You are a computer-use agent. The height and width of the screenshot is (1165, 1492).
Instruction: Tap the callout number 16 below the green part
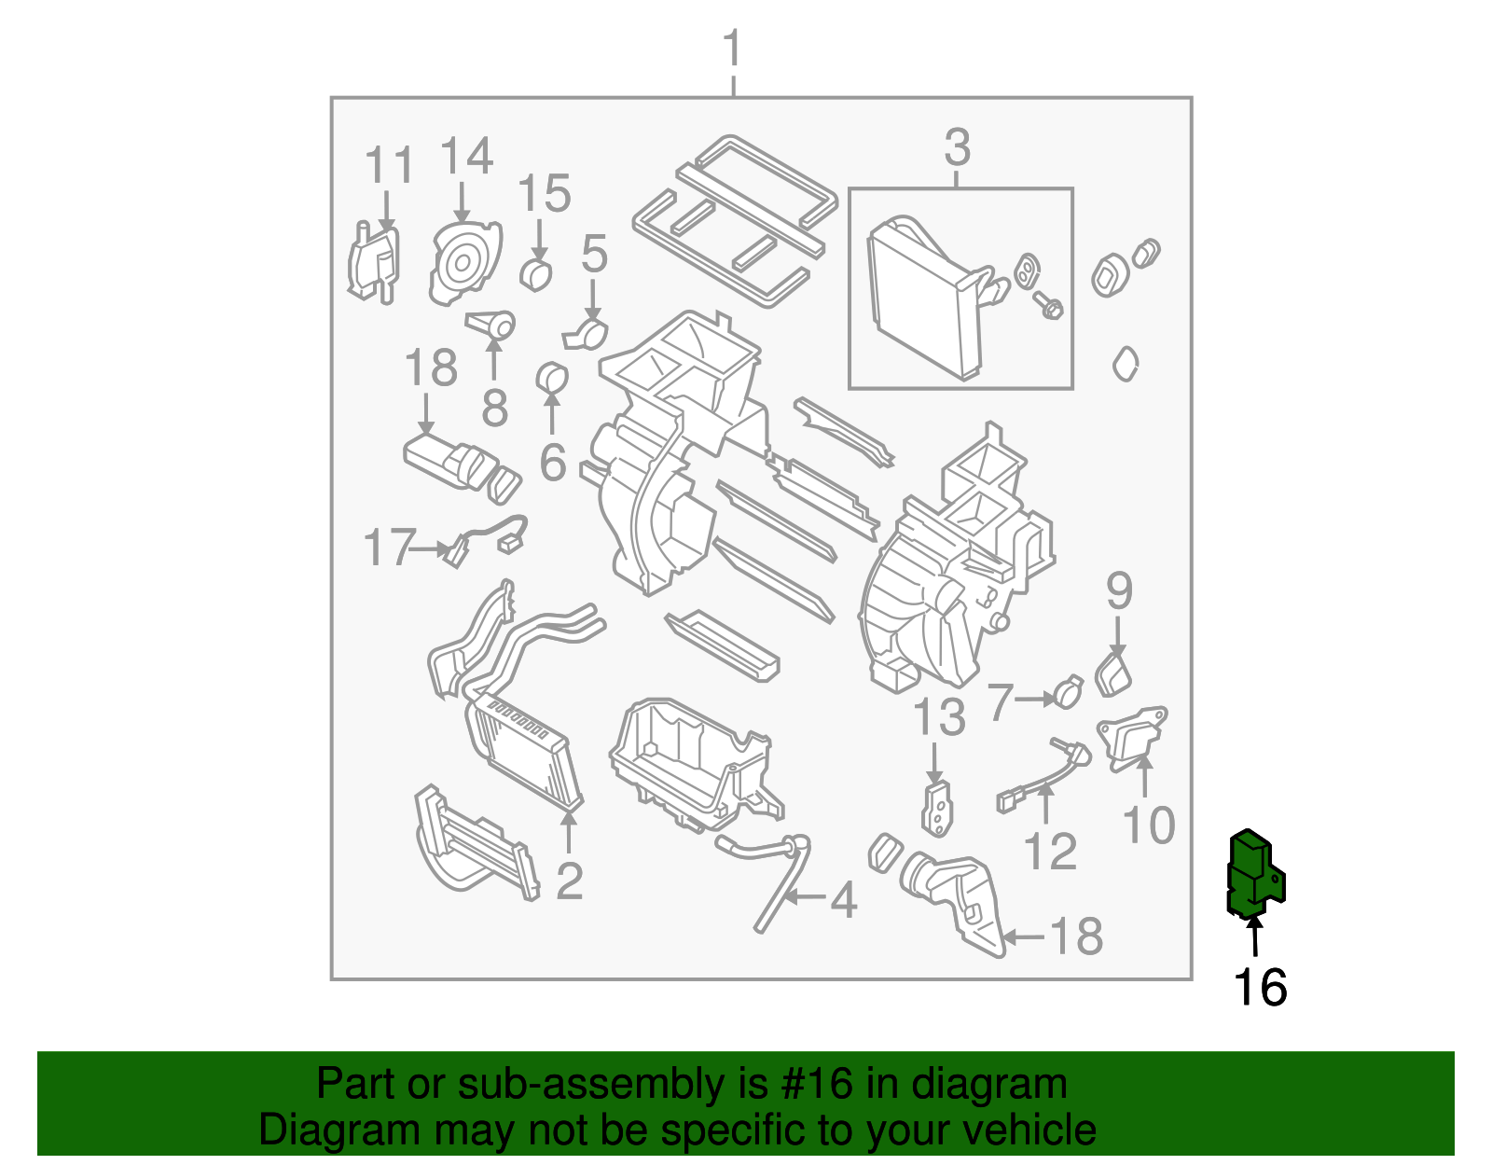point(1260,988)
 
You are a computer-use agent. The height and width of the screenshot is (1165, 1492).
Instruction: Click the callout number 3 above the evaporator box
point(958,148)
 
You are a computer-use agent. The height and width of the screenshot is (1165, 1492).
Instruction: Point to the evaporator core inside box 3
point(923,298)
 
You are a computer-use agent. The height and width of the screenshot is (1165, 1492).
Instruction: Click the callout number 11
point(388,167)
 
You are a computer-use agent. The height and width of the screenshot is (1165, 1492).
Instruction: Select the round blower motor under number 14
point(463,265)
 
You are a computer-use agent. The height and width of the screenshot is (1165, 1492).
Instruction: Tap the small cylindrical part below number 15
point(536,275)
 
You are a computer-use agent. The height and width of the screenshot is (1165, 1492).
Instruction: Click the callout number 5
point(594,254)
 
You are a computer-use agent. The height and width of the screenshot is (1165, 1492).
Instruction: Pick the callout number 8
point(494,407)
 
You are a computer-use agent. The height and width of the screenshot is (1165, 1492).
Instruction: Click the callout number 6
point(553,462)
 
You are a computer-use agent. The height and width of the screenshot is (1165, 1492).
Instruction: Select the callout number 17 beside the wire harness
point(389,548)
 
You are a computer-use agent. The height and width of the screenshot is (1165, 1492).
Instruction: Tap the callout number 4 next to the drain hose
point(843,901)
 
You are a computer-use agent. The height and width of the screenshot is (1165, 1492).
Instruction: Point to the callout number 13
point(939,718)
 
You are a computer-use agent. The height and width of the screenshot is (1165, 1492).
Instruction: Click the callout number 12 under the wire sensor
point(1050,852)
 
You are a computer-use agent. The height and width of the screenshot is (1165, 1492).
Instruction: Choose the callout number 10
point(1149,825)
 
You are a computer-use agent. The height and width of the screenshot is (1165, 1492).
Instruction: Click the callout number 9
point(1119,591)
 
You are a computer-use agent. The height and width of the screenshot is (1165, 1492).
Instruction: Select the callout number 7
point(1000,701)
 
